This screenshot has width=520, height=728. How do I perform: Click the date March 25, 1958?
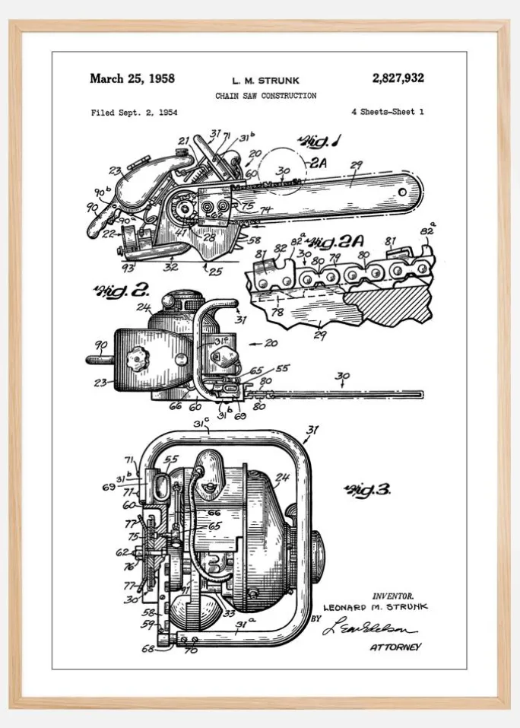(x=132, y=78)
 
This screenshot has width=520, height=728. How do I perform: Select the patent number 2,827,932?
(x=398, y=78)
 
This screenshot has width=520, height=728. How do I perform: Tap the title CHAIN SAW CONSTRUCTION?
(x=265, y=96)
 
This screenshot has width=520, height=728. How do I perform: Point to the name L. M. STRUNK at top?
(x=265, y=80)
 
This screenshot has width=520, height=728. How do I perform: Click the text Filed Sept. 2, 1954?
(x=134, y=113)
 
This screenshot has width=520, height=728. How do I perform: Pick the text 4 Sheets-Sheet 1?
(x=387, y=112)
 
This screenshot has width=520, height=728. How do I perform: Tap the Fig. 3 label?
(x=367, y=490)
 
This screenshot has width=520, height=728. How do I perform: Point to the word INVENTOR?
(x=392, y=596)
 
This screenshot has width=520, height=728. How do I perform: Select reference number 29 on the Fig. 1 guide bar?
(x=355, y=165)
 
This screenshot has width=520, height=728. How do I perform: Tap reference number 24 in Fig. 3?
(x=281, y=478)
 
